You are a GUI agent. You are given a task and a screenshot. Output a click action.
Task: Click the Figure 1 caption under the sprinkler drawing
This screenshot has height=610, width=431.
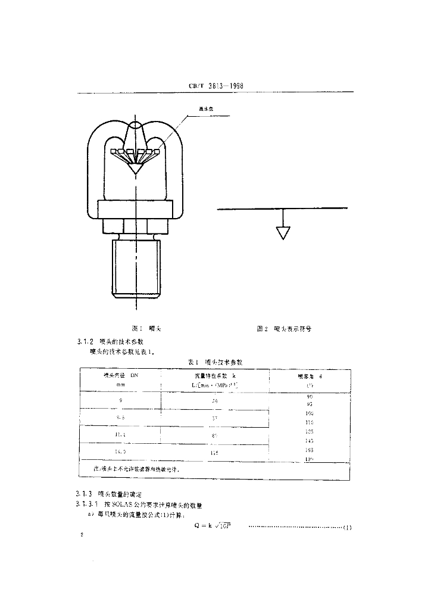coord(142,328)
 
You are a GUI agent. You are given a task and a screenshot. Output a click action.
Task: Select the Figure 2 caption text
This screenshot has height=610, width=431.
coord(284,328)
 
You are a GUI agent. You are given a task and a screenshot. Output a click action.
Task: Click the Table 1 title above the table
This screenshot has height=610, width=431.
coord(215,362)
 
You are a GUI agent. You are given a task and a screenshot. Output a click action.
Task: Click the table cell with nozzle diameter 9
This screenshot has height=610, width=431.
coord(121,400)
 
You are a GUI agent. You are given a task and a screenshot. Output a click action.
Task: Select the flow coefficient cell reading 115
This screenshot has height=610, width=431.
coord(215,453)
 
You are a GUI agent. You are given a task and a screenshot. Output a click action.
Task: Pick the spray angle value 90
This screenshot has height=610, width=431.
coord(309,396)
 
